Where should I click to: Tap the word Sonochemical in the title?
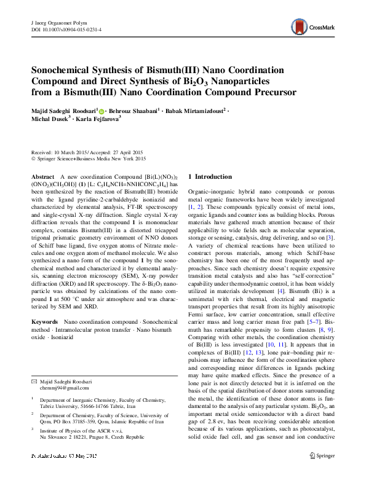[66, 71]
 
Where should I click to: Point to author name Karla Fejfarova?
[98, 119]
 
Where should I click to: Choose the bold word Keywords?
[45, 322]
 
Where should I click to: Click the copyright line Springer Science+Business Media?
[91, 157]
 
